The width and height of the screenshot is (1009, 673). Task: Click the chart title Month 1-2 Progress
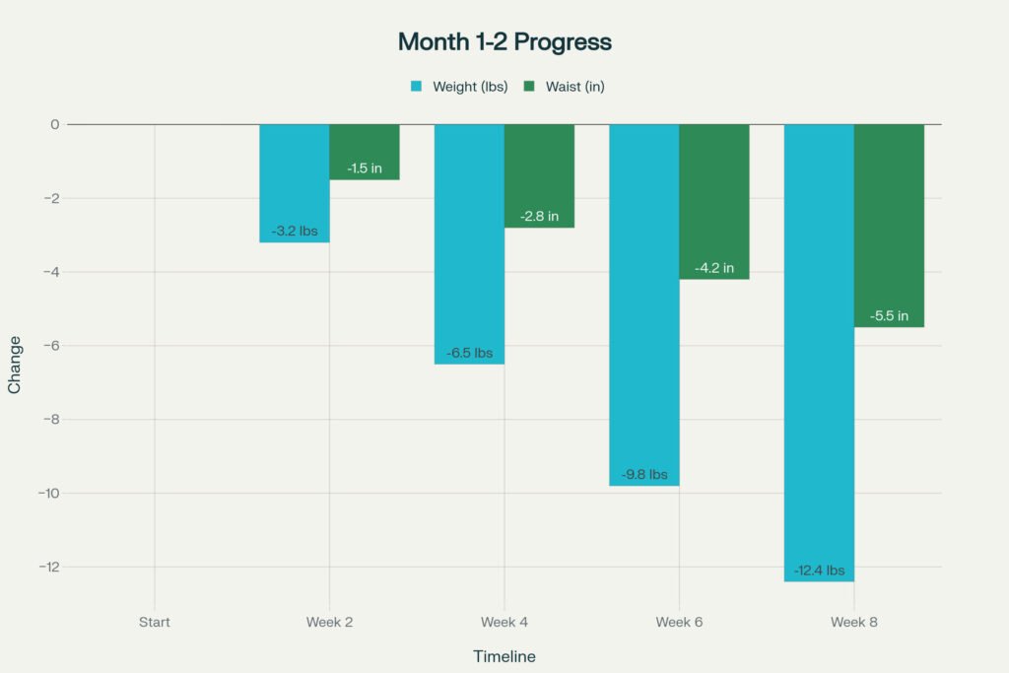(504, 42)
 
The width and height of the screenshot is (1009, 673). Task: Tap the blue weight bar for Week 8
(819, 345)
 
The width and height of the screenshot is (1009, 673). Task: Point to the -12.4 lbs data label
(819, 571)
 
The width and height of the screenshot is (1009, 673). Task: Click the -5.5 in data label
(889, 316)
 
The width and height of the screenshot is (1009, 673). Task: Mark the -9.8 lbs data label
(644, 475)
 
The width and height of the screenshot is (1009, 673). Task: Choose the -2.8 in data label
(539, 217)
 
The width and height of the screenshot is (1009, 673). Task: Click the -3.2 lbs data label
(295, 232)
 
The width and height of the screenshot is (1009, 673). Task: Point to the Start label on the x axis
(154, 622)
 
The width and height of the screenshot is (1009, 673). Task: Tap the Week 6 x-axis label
(679, 622)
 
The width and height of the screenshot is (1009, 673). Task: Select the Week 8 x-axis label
(853, 622)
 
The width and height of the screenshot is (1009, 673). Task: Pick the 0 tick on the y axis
(55, 124)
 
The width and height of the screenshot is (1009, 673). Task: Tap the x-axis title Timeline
(504, 656)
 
